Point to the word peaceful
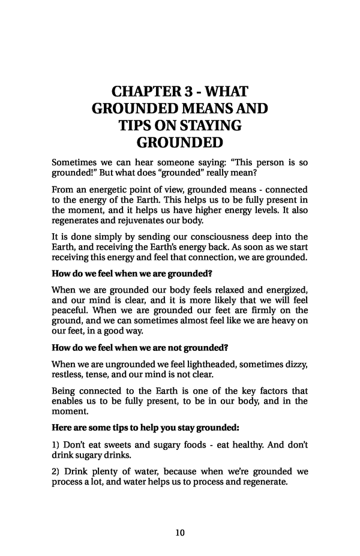(x=71, y=310)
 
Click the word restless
(x=67, y=374)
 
